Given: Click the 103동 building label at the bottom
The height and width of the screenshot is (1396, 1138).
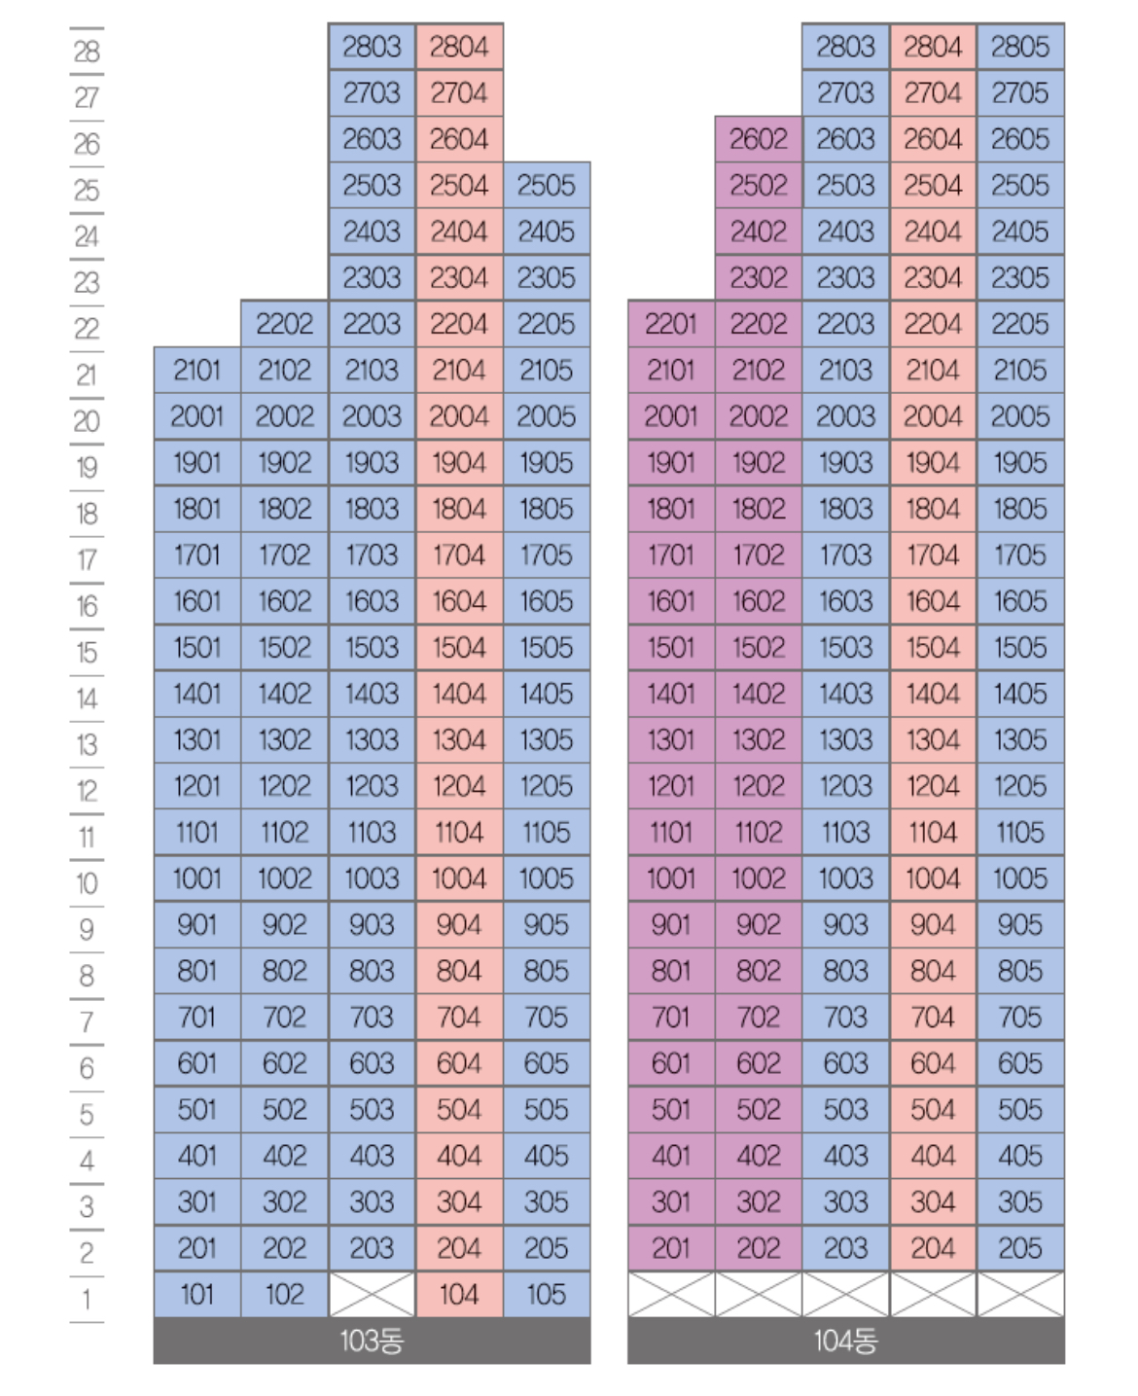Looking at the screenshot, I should coord(372,1342).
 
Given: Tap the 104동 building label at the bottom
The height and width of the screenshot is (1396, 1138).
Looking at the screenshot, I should coord(845,1342).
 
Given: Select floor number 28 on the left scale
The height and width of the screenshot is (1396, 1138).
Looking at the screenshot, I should coord(87,51).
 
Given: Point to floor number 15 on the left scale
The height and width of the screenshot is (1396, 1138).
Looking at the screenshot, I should coord(87,652).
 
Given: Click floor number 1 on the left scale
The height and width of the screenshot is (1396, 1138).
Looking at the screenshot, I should coord(87,1300).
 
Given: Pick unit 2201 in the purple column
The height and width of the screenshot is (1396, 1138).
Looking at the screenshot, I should coord(671,324).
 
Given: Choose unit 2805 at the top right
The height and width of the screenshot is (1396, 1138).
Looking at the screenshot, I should coord(1020,47).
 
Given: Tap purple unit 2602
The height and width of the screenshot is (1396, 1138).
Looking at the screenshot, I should coord(759,139).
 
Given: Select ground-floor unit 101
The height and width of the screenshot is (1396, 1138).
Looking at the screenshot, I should coord(196,1295).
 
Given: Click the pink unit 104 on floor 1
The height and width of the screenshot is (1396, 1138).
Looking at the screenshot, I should coord(459,1295).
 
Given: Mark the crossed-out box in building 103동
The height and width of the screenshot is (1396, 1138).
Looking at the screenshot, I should coord(372,1295).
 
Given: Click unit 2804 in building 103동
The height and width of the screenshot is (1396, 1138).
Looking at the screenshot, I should coord(459,47).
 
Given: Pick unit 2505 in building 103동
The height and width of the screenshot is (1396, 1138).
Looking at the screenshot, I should coord(547,185).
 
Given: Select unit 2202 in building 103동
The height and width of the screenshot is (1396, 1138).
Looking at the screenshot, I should coord(284,324).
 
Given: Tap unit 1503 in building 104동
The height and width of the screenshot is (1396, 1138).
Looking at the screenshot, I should coord(845,648).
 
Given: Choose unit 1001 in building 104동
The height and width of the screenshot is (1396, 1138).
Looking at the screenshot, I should coord(671,878).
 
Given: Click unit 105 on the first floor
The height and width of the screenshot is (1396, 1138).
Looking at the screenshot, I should coord(547,1295).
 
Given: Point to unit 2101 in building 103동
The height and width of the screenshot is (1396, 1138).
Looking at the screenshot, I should coord(196,371).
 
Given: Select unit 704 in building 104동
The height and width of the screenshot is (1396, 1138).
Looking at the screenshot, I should coord(933,1018).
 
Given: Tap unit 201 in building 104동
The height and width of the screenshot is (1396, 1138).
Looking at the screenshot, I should coord(671,1248).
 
